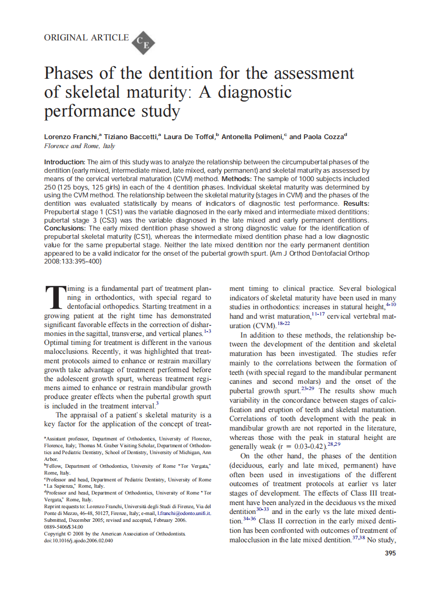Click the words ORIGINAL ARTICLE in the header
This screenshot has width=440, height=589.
[86, 37]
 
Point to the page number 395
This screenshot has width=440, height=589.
[390, 553]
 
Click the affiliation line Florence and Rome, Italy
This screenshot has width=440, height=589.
[79, 146]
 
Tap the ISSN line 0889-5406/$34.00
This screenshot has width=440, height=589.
[64, 527]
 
